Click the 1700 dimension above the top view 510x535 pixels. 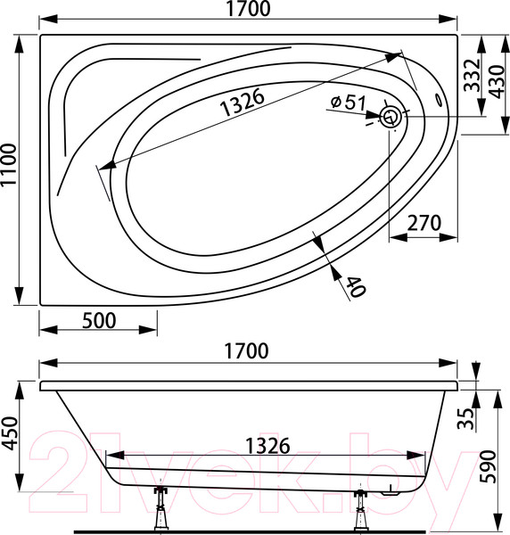pyautogui.click(x=248, y=9)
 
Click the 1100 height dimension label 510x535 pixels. pyautogui.click(x=9, y=164)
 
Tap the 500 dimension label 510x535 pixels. pyautogui.click(x=99, y=320)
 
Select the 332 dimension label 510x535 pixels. pyautogui.click(x=473, y=75)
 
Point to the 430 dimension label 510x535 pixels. pyautogui.click(x=496, y=82)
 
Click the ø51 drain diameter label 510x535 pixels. pyautogui.click(x=349, y=102)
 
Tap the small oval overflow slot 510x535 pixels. pyautogui.click(x=438, y=99)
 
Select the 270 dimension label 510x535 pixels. pyautogui.click(x=424, y=223)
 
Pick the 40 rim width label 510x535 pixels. pyautogui.click(x=356, y=286)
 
